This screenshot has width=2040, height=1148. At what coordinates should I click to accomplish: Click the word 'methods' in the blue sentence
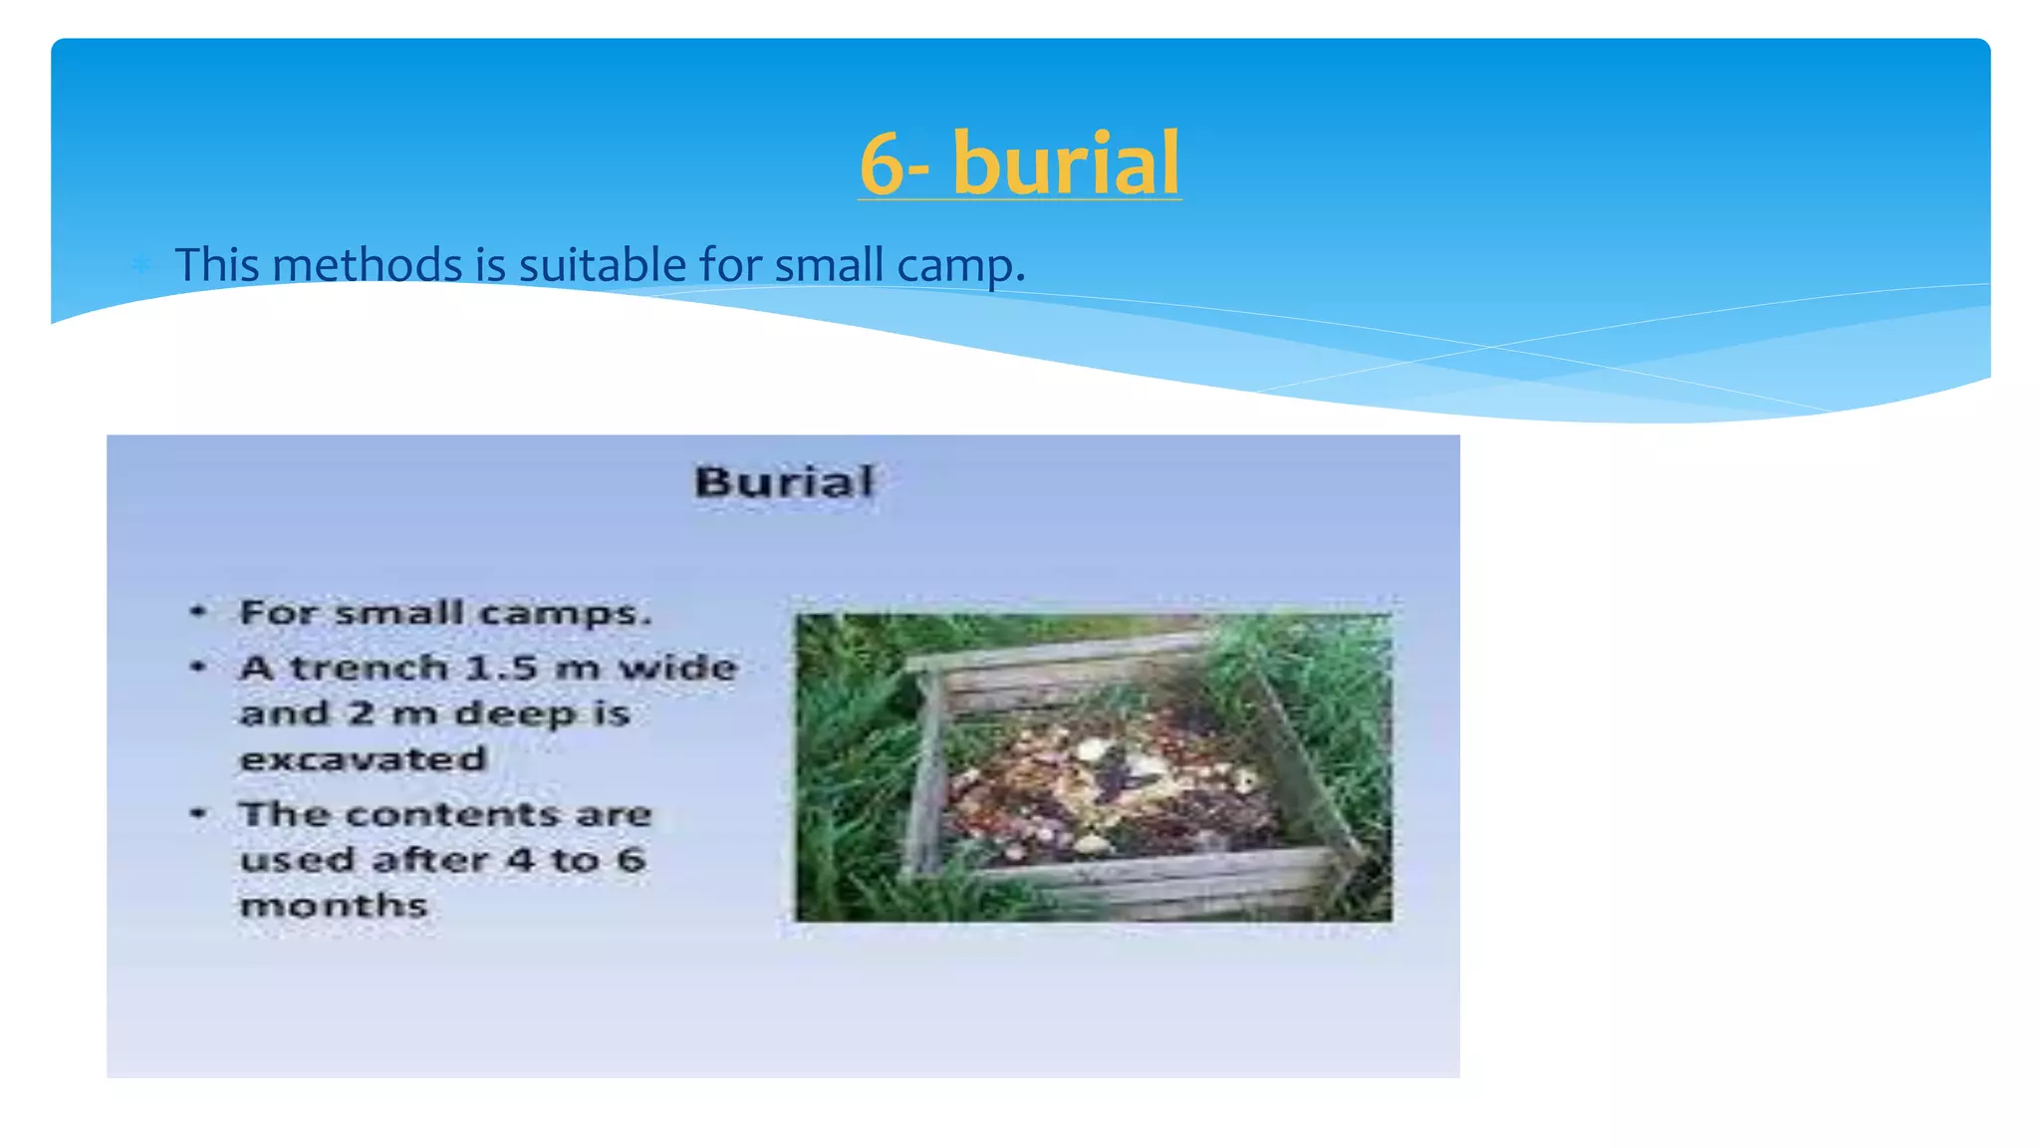coord(367,265)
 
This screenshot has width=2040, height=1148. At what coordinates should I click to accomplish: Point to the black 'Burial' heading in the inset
coord(784,482)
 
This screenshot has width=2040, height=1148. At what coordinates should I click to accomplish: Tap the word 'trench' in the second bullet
coord(369,667)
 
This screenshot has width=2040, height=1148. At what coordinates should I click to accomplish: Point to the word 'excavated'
coord(364,759)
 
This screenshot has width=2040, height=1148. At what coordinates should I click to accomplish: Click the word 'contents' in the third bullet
coord(453,814)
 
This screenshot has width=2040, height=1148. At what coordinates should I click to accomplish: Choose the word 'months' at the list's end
coord(334,905)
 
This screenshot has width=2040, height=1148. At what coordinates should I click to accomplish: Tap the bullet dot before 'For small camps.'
coord(199,611)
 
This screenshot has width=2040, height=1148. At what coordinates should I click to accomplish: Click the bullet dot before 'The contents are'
coord(199,813)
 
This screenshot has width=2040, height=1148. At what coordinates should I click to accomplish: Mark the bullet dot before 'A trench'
coord(199,666)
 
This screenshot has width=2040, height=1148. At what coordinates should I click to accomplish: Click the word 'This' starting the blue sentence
coord(217,265)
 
